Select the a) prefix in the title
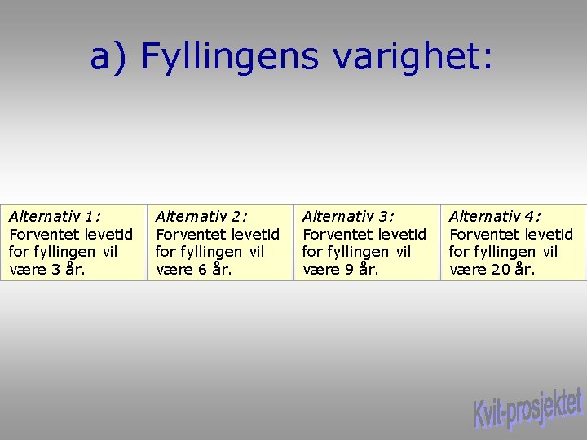[110, 57]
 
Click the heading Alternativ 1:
[55, 216]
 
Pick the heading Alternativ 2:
[201, 216]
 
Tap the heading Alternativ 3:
[348, 216]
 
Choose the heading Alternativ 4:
[495, 216]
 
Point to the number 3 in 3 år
[55, 270]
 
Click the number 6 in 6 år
[202, 270]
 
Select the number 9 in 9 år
[349, 270]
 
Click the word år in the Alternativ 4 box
[524, 269]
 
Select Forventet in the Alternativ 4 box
[480, 234]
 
